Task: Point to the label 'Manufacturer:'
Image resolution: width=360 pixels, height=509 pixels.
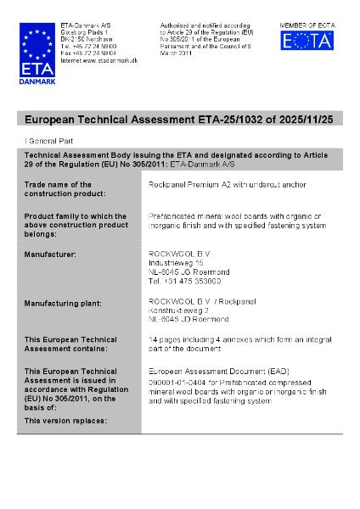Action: click(50, 254)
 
